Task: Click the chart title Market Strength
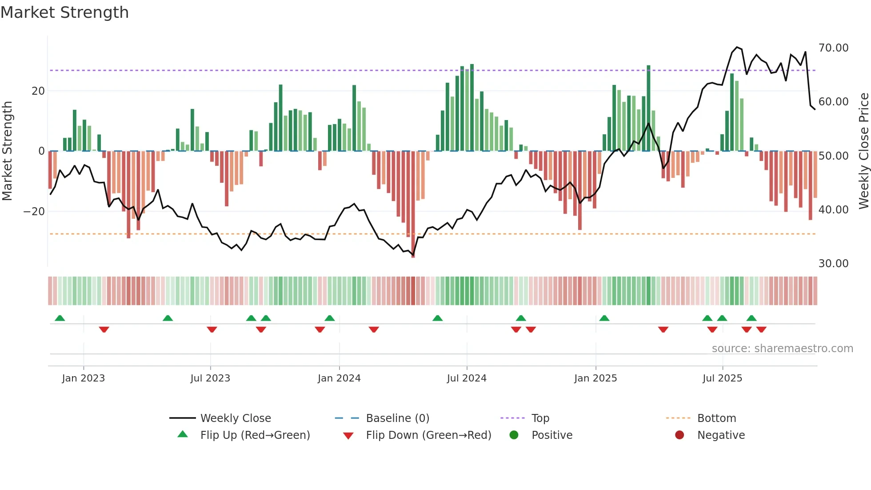pos(65,12)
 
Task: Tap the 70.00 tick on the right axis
pos(833,48)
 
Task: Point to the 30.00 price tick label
pos(833,264)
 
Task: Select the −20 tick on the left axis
pos(34,212)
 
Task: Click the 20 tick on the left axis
pos(38,91)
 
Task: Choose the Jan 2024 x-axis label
pos(339,378)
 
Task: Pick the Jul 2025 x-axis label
pos(722,378)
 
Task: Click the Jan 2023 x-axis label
pos(84,378)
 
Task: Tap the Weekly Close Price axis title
pos(863,151)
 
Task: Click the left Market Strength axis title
pos(7,151)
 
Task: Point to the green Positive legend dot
pos(514,435)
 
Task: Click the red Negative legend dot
pos(679,435)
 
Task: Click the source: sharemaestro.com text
pos(782,349)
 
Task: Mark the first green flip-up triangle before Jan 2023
pos(60,318)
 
